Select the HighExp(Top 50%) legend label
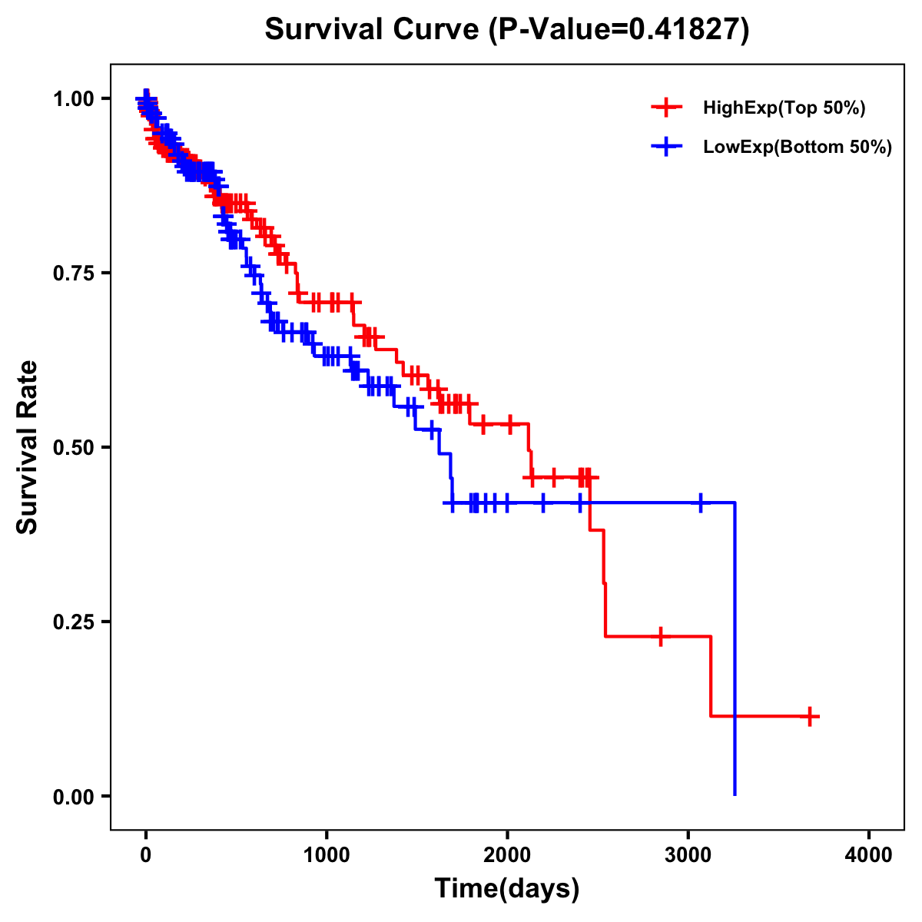tap(784, 108)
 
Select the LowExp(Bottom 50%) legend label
tap(798, 148)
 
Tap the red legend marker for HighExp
tap(666, 108)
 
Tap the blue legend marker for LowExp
tap(666, 147)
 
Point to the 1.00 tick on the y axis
tap(74, 98)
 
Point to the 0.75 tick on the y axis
tap(74, 273)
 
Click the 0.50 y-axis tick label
tap(74, 447)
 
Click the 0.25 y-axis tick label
tap(74, 622)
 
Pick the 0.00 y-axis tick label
tap(74, 796)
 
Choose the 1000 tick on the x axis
tap(327, 855)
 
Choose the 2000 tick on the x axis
tap(507, 855)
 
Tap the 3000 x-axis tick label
tap(688, 855)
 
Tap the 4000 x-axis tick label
tap(869, 855)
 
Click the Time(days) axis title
tap(507, 889)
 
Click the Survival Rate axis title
tap(28, 447)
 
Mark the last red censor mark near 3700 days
tap(808, 716)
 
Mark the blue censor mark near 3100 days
tap(701, 502)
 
